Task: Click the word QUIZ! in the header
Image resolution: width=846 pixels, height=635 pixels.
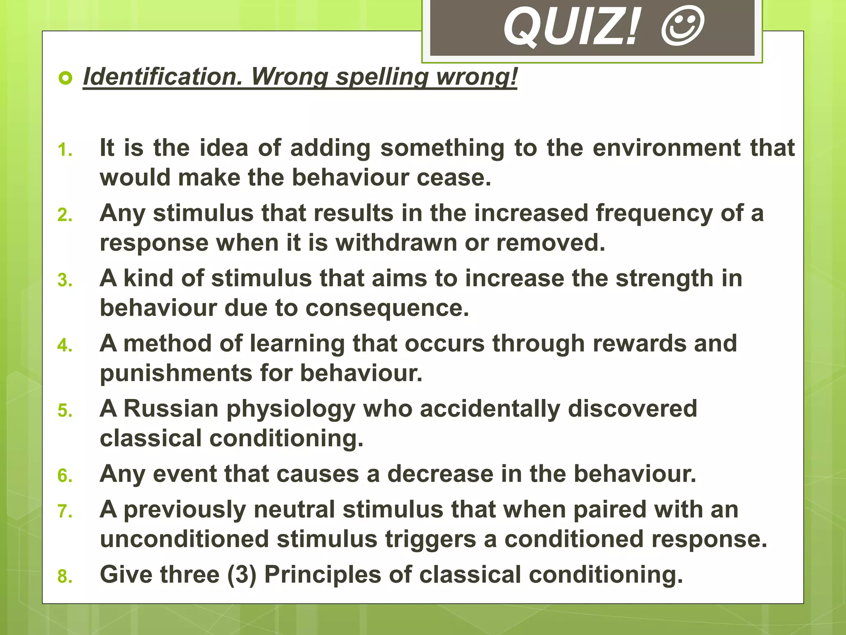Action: (x=572, y=28)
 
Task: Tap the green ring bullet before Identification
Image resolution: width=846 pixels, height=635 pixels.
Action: (x=65, y=78)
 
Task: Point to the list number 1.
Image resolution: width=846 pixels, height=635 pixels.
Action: (x=65, y=150)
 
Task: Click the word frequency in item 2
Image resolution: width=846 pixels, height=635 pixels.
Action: (x=654, y=214)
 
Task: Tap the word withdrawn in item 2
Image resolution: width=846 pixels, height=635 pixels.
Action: (x=396, y=243)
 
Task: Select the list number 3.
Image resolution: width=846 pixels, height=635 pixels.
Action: (x=65, y=280)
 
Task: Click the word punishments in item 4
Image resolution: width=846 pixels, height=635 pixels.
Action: (x=176, y=373)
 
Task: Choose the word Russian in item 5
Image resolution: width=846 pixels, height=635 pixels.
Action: (x=171, y=408)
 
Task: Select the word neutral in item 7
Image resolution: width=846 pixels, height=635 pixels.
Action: (x=294, y=509)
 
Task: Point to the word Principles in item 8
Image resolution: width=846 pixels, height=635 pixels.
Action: (x=323, y=575)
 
